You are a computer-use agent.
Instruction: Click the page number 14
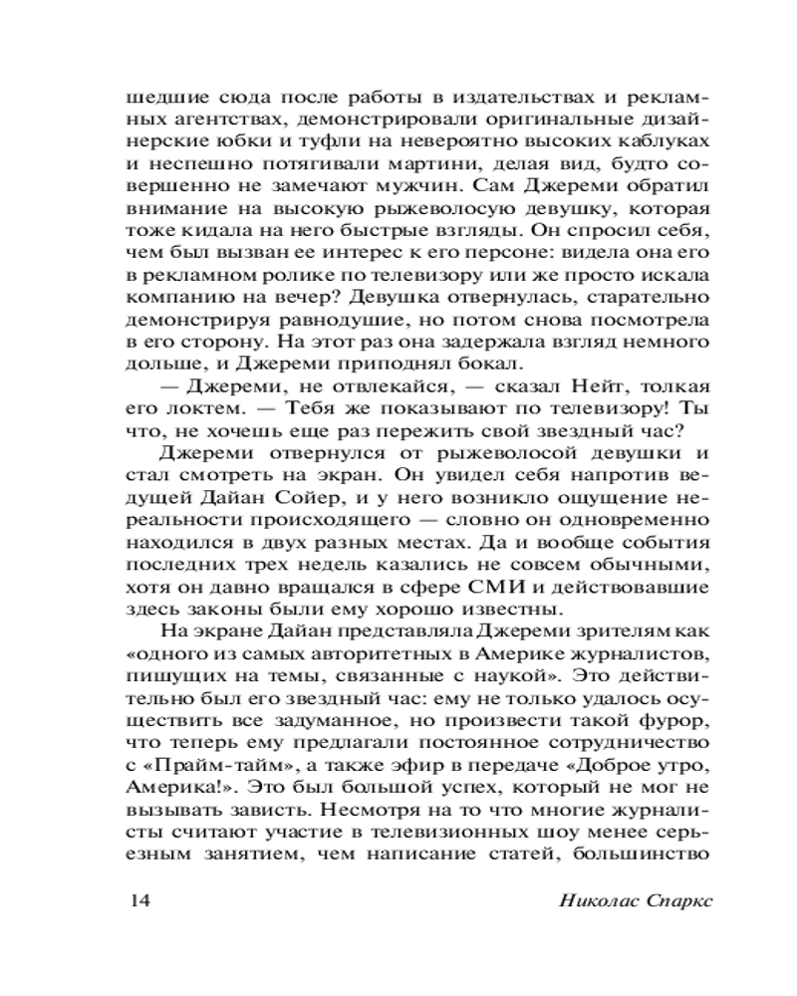tap(138, 901)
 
